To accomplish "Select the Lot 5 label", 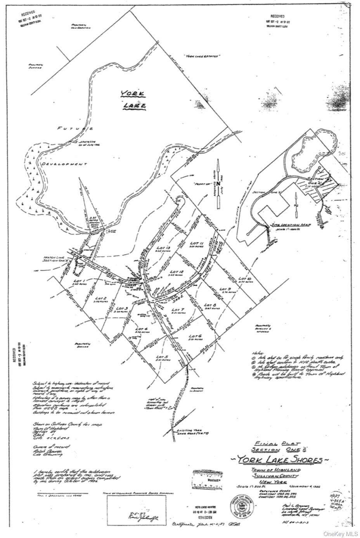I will [161, 357].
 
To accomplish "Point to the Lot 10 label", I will [245, 279].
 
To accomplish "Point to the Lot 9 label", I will [225, 290].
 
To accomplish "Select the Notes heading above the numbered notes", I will [258, 353].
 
